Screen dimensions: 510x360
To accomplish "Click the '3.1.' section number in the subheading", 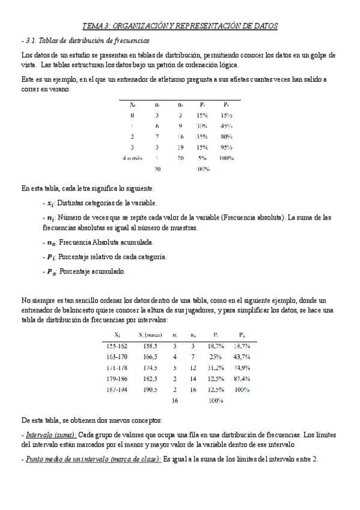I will [x=32, y=40].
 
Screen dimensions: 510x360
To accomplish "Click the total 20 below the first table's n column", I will [x=157, y=169].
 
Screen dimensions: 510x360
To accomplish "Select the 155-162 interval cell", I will [x=116, y=346].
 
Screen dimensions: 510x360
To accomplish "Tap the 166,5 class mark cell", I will [x=147, y=357].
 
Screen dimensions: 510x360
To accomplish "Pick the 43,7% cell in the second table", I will [x=241, y=357].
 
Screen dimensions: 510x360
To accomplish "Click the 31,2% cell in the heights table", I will [x=216, y=367].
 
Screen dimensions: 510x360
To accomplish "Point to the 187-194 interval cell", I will [x=116, y=389].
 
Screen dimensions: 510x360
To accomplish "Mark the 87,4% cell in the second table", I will [x=241, y=378].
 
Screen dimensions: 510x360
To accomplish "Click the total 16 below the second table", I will [x=175, y=399].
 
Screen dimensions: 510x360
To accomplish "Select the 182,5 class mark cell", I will [x=147, y=378].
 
